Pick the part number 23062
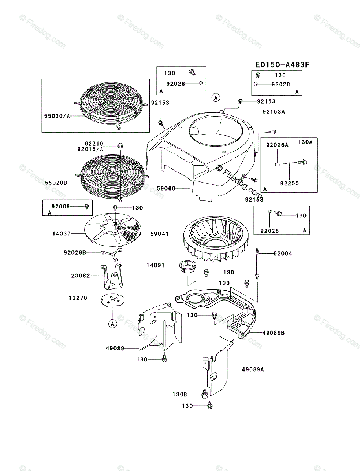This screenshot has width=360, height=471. pyautogui.click(x=80, y=276)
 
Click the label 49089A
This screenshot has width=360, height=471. pyautogui.click(x=253, y=369)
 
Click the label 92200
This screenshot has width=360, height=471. pyautogui.click(x=290, y=183)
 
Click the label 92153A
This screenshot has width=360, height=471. pyautogui.click(x=274, y=112)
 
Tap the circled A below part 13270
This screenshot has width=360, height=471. pyautogui.click(x=112, y=324)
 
